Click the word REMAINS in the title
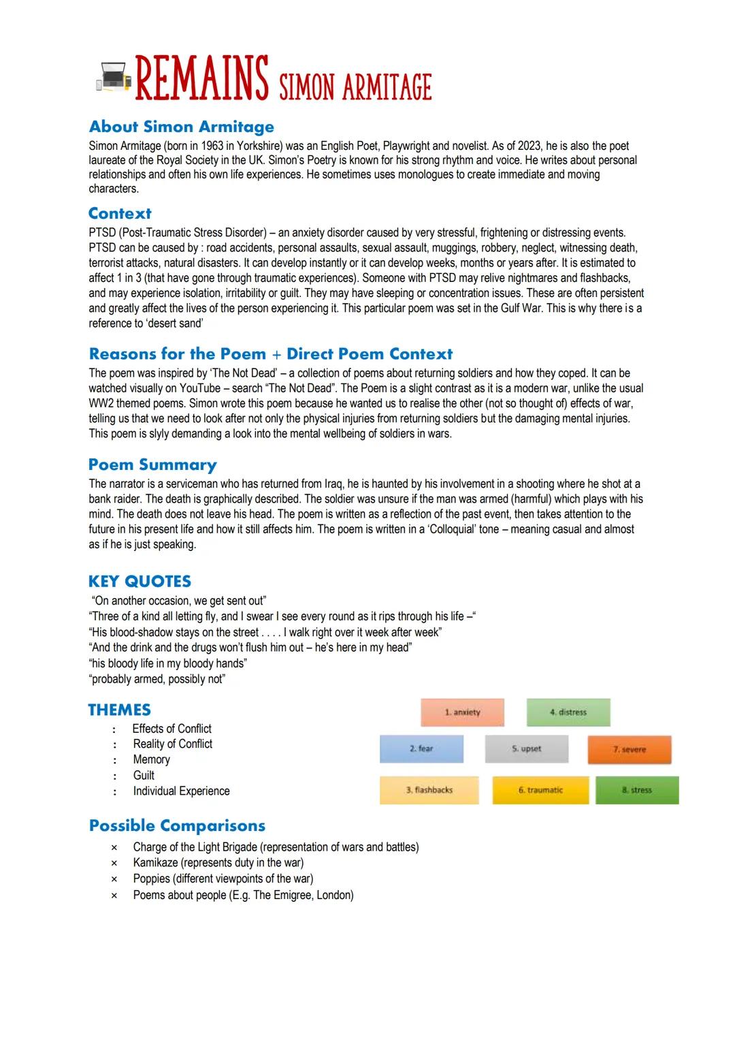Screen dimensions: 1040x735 pos(201,80)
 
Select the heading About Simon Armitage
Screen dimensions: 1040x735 pos(181,127)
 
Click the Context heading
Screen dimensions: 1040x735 pos(120,213)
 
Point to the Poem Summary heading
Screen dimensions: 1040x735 pos(152,464)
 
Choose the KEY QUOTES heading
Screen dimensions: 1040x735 pos(140,581)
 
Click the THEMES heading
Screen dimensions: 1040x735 pos(119,710)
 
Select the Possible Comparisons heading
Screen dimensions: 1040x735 pos(177,825)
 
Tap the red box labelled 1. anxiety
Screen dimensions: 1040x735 pos(462,712)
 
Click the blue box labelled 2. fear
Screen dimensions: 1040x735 pos(421,749)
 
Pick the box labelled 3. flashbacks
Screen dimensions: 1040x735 pos(429,790)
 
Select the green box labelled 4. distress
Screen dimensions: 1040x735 pos(568,712)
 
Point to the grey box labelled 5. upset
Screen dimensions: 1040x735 pos(526,749)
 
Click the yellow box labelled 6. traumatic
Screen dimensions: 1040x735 pos(540,790)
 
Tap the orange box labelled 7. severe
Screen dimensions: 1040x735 pos(630,749)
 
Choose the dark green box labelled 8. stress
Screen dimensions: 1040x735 pos(637,790)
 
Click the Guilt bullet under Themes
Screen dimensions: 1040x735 pos(144,775)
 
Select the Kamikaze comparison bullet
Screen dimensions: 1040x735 pos(218,863)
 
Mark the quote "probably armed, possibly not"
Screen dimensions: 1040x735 pos(158,679)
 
